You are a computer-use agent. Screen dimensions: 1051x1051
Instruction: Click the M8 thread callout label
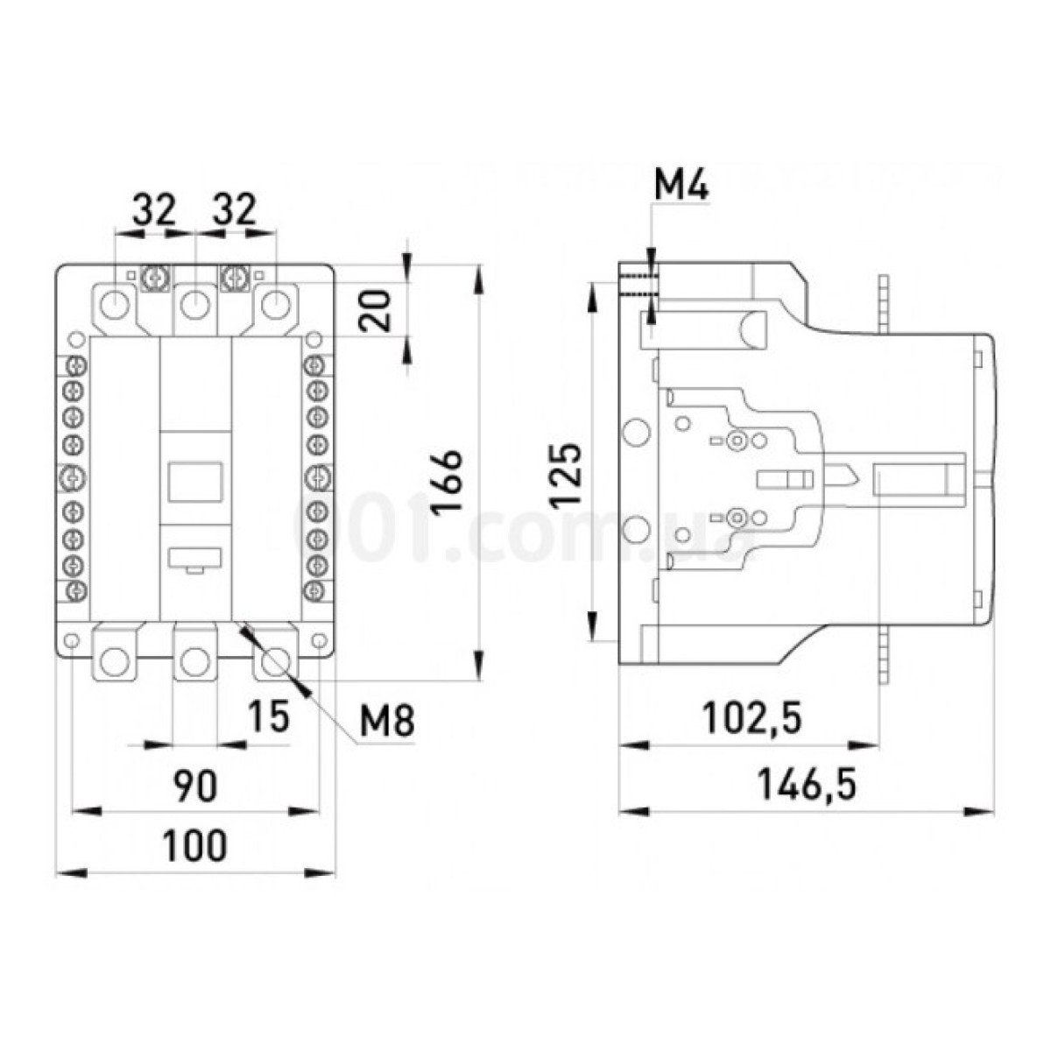point(387,722)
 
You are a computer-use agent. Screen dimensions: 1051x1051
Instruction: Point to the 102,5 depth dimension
point(752,718)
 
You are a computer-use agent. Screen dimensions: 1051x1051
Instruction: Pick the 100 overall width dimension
point(194,845)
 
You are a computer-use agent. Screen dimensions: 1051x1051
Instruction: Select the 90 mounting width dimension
point(195,786)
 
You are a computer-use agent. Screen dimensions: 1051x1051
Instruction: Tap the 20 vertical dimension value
point(376,310)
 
